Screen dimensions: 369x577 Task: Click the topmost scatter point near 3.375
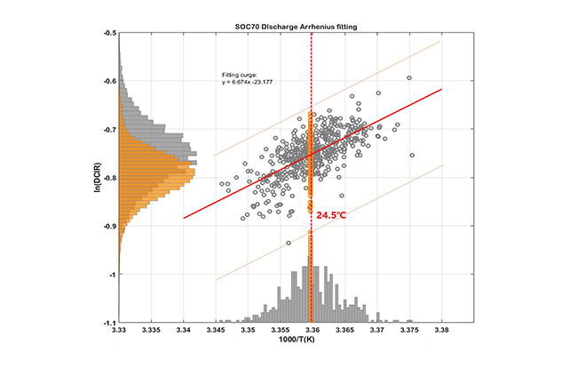click(x=409, y=77)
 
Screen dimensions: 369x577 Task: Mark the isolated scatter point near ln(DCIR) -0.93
click(x=288, y=243)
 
